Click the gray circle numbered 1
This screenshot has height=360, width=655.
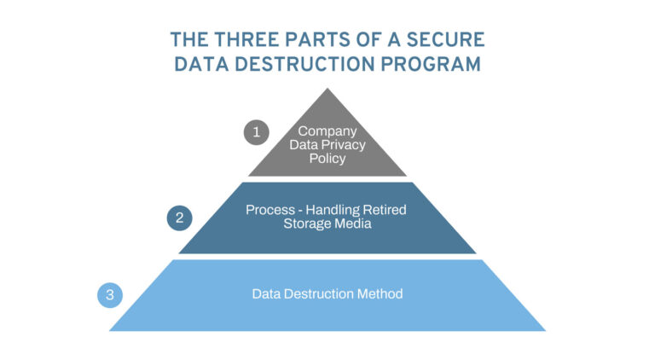pos(256,132)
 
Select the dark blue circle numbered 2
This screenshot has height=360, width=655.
pos(179,218)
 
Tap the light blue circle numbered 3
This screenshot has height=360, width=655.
pos(110,295)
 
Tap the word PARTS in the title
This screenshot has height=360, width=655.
pos(326,40)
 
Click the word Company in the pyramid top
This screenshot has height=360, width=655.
pos(327,131)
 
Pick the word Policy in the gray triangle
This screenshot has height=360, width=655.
pos(327,158)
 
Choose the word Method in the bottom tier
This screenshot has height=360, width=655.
pos(380,293)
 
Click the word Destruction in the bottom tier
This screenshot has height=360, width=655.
pos(320,293)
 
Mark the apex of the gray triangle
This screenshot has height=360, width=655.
pos(327,89)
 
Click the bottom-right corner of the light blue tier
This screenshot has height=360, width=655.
pos(545,330)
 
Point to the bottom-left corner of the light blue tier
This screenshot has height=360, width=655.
pos(109,330)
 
